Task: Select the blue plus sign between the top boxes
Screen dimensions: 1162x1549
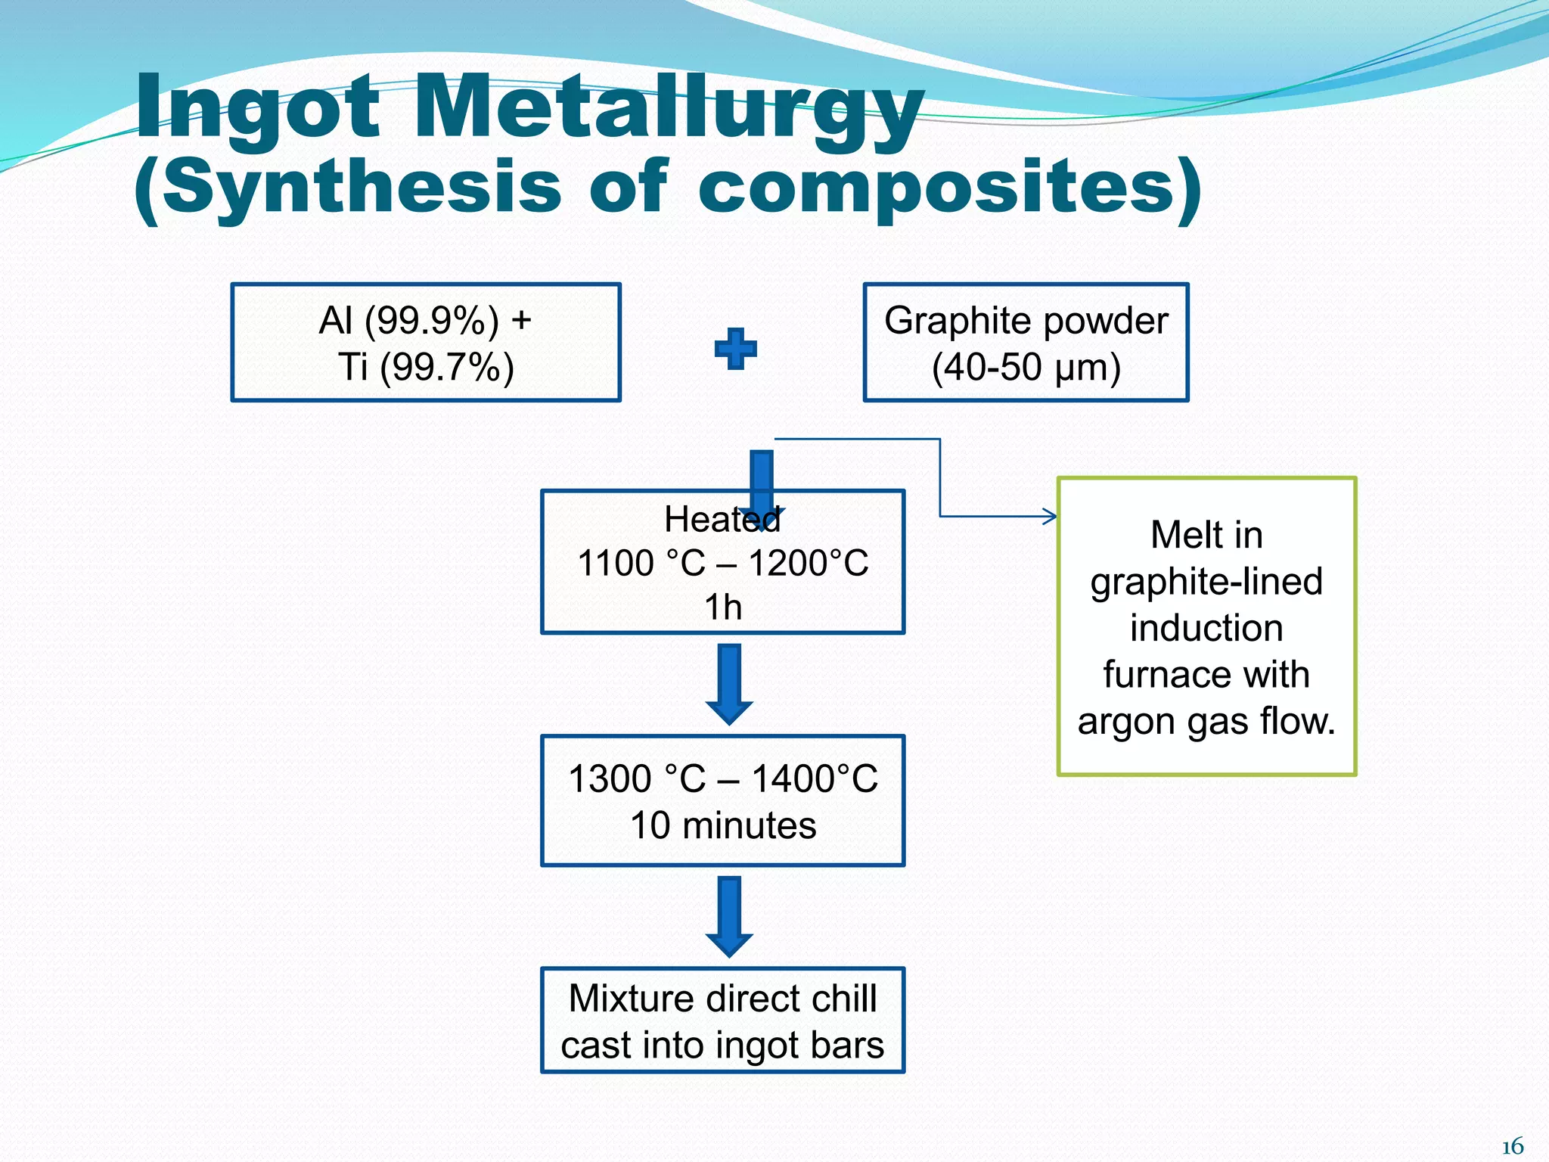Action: [735, 349]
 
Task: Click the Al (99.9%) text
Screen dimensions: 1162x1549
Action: [408, 321]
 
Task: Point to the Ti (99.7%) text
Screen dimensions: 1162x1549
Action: [426, 368]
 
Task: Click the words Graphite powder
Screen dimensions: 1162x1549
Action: [1026, 321]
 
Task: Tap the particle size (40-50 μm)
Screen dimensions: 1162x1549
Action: [1026, 368]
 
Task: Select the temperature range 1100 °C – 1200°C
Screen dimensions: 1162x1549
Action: [723, 564]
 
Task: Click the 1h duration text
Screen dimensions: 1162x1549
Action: [723, 607]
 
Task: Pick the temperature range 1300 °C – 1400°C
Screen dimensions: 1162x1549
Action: [723, 779]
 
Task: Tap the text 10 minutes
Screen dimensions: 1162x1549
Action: [723, 825]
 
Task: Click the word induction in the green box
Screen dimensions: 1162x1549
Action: [1206, 629]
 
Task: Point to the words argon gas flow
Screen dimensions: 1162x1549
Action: [1206, 721]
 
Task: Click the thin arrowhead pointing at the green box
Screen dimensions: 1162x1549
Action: [1050, 517]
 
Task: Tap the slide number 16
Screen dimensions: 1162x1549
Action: [1512, 1146]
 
